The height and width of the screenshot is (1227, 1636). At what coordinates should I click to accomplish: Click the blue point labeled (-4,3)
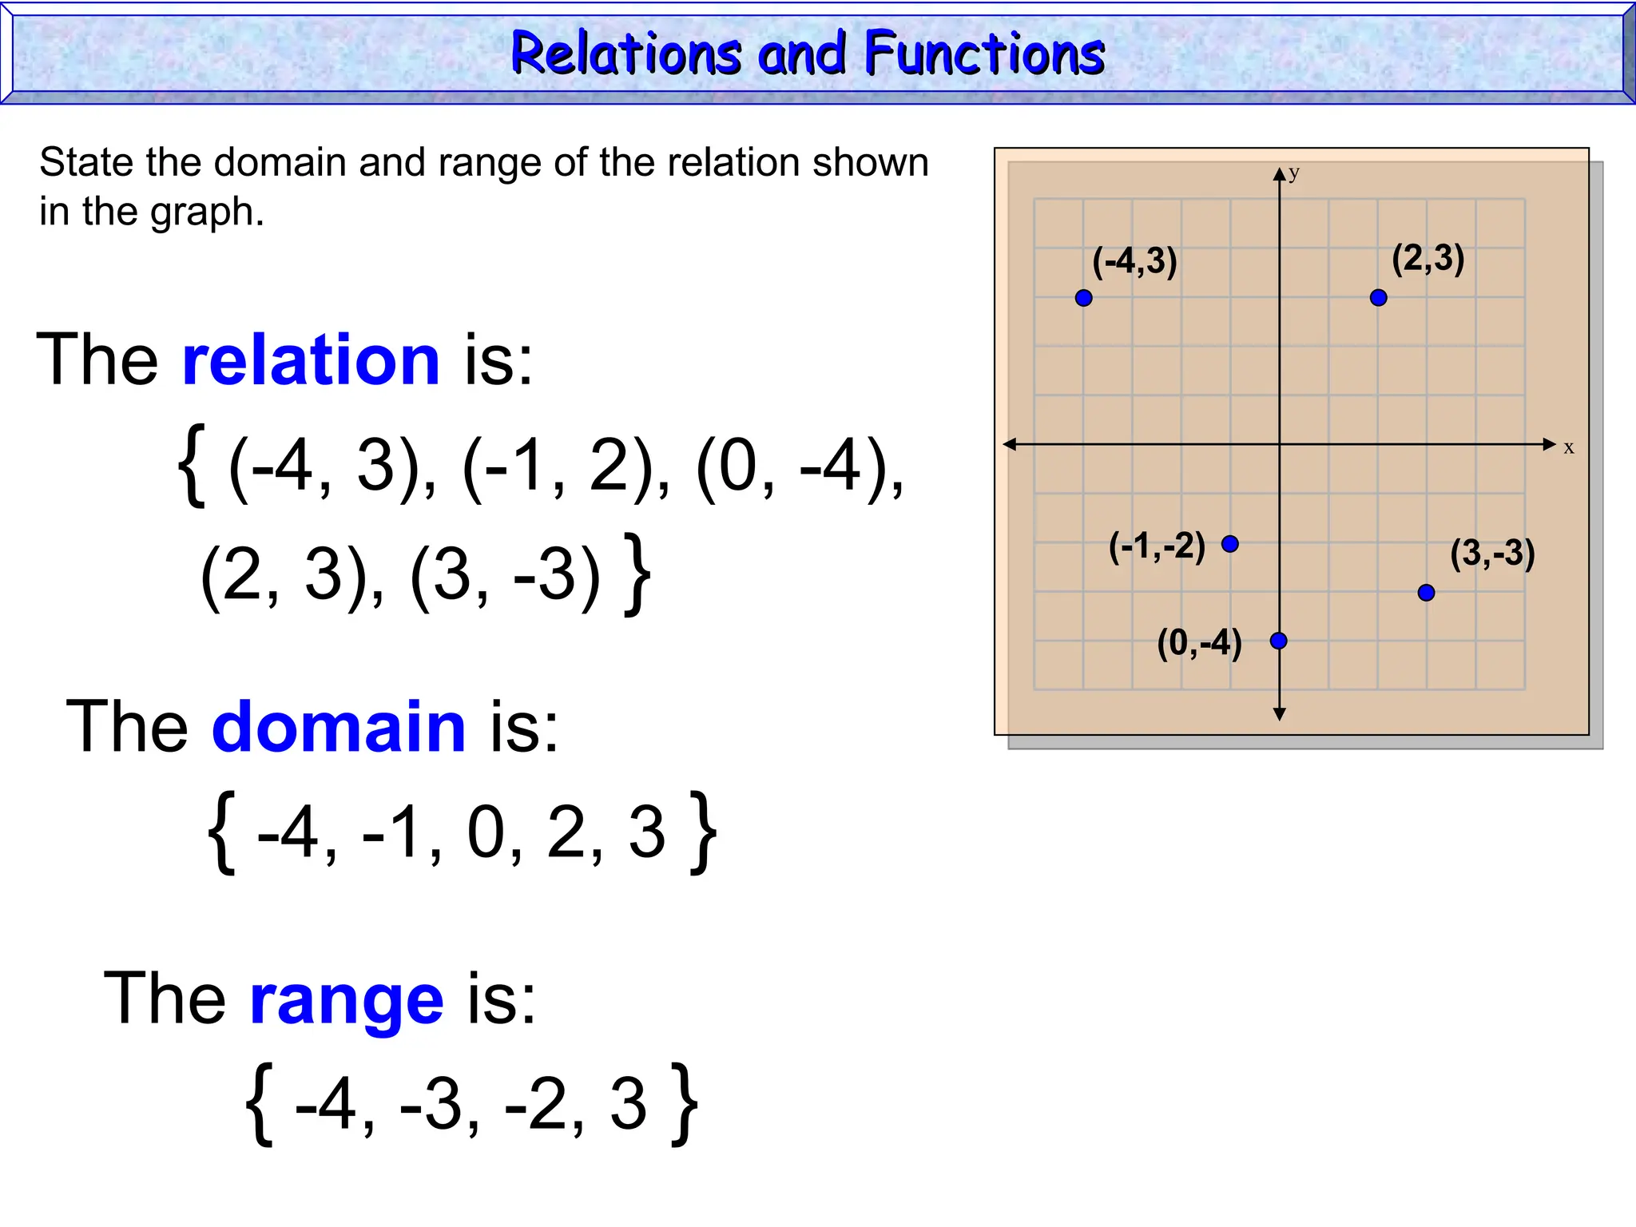coord(1083,298)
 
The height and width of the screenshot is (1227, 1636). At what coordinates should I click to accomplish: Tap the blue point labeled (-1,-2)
coord(1230,544)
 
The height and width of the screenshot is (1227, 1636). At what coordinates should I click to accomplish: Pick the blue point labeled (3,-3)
coord(1426,593)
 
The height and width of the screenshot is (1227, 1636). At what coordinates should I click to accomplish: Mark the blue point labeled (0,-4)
coord(1278,641)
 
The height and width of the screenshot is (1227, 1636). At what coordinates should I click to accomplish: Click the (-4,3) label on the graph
coord(1134,262)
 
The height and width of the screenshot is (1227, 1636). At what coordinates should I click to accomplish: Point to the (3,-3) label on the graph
coord(1492,553)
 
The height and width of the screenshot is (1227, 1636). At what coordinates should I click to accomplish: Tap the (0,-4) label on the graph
coord(1199,643)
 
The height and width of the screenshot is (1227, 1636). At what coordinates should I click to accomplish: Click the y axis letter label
coord(1294,173)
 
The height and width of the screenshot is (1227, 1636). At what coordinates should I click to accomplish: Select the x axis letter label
coord(1569,448)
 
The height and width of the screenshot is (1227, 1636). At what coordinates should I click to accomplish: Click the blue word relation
coord(312,360)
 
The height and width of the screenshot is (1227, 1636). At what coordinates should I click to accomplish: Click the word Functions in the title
coord(984,54)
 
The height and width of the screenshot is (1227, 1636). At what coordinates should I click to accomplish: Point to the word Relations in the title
coord(626,54)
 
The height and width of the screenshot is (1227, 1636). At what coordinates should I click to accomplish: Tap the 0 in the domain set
coord(486,833)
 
